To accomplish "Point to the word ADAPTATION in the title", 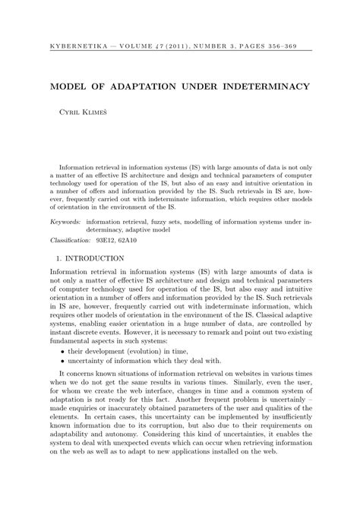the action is [x=130, y=87].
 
